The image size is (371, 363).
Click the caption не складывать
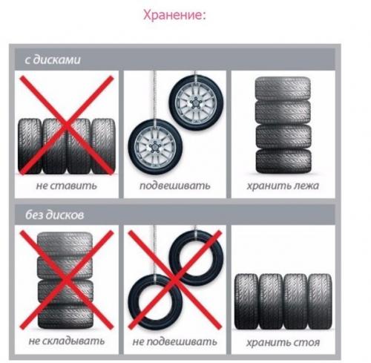[65, 342]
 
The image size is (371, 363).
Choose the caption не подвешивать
[175, 342]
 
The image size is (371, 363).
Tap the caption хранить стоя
[283, 342]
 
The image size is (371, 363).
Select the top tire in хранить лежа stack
[283, 88]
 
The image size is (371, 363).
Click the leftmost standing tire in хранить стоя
[246, 301]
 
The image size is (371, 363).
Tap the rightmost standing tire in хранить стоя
[320, 301]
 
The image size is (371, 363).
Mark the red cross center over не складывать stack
[65, 280]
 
